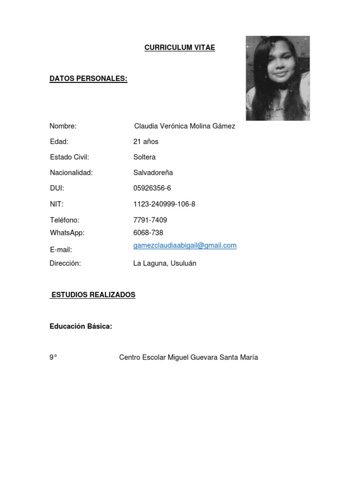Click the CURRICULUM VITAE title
coord(180,48)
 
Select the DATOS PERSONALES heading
coord(89,79)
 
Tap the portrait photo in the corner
coord(277,78)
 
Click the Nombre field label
coord(63,126)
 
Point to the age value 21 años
coord(146,142)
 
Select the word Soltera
coord(144,157)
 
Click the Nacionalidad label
coord(71,172)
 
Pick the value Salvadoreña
coord(153,172)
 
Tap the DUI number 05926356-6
coord(152,188)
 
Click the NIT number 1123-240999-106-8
coord(164,204)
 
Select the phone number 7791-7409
coord(150,220)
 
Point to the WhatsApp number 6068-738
coord(148,232)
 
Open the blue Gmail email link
coord(185,245)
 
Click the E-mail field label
coord(61,250)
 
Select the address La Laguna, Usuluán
coord(165,263)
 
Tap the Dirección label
coord(65,263)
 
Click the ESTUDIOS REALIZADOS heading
coord(93,295)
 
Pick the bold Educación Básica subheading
coord(81,326)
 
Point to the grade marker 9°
coord(53,358)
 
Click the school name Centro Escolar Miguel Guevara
coord(188,358)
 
